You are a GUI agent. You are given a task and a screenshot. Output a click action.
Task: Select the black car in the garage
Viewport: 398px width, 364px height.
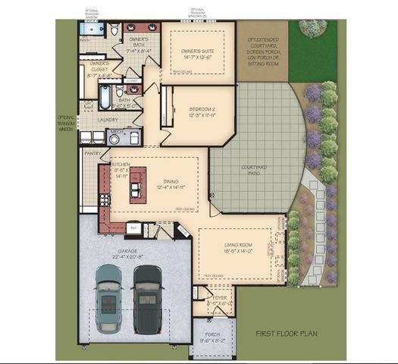click(x=148, y=297)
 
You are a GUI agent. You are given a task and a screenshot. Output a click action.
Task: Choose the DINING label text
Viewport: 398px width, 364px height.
click(x=171, y=182)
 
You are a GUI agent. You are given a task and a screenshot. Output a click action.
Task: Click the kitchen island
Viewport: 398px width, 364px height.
click(x=137, y=185)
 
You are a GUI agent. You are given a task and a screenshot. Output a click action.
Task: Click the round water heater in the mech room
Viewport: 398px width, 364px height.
click(x=133, y=138)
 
